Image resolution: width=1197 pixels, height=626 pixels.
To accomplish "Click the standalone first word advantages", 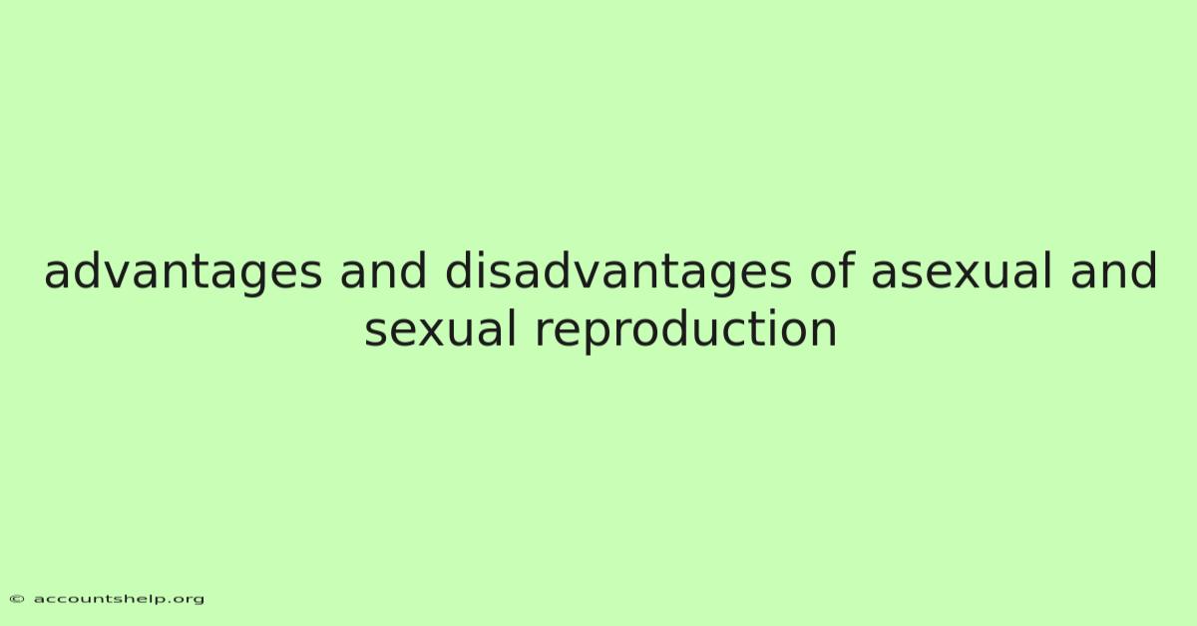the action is pyautogui.click(x=183, y=272).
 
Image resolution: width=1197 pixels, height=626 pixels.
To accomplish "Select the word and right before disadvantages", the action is pyautogui.click(x=383, y=270).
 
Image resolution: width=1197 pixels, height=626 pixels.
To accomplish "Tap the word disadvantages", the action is pyautogui.click(x=618, y=272).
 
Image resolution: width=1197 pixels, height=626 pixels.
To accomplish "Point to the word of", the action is pyautogui.click(x=832, y=270).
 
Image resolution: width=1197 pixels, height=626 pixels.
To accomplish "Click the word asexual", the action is pyautogui.click(x=962, y=272).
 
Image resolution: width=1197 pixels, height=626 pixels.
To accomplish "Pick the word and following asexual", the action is pyautogui.click(x=1113, y=270).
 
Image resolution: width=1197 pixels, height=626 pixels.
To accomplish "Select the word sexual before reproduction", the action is pyautogui.click(x=440, y=330).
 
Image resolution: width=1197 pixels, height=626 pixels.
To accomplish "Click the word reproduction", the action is pyautogui.click(x=685, y=332).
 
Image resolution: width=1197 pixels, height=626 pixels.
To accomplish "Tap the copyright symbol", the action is pyautogui.click(x=17, y=599).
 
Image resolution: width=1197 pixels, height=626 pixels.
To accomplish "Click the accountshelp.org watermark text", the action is pyautogui.click(x=119, y=600).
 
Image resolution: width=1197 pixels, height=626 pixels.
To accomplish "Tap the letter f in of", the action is pyautogui.click(x=847, y=270).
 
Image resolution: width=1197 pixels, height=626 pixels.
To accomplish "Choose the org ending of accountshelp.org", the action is pyautogui.click(x=190, y=601).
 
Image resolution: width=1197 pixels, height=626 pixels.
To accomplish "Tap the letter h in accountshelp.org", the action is pyautogui.click(x=126, y=599).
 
